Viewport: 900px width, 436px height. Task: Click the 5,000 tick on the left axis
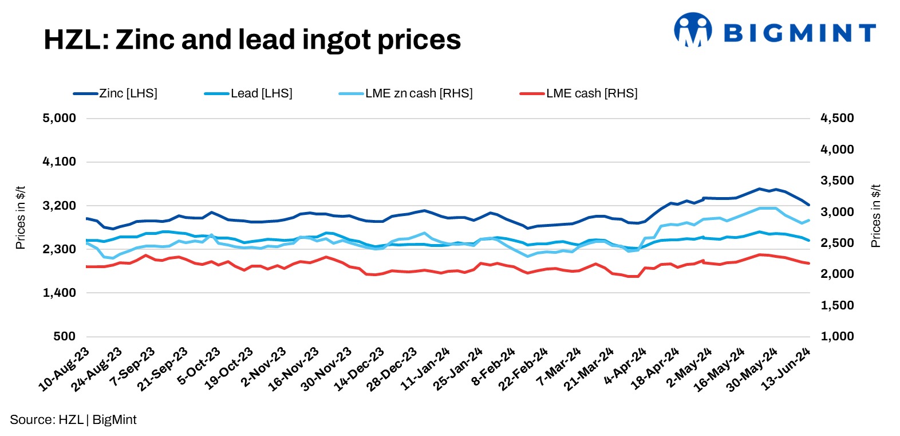click(x=59, y=118)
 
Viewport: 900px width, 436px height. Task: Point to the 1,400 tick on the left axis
click(x=59, y=293)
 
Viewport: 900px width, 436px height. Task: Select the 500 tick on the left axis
click(x=64, y=336)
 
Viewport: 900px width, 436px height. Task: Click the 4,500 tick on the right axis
click(x=837, y=118)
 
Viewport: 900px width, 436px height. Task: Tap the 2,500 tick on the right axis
click(x=837, y=243)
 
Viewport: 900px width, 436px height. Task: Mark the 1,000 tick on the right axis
click(x=837, y=336)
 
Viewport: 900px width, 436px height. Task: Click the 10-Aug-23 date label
click(x=65, y=370)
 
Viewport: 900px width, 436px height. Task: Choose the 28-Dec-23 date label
click(x=393, y=370)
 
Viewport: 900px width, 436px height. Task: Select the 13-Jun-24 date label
click(x=786, y=370)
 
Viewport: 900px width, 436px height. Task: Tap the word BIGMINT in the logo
click(x=800, y=33)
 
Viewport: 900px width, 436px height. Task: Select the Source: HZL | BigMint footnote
click(x=73, y=419)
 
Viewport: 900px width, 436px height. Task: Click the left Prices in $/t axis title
click(x=21, y=217)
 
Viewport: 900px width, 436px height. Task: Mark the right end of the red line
click(x=808, y=264)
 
